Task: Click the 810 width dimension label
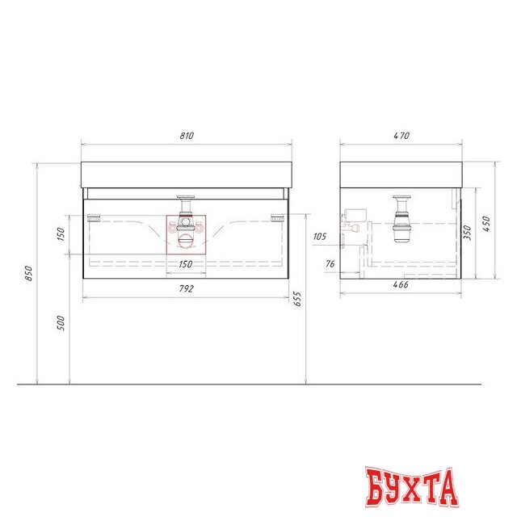pos(187,137)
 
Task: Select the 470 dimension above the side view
pos(400,137)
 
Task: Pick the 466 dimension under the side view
pos(400,284)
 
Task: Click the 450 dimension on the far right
pos(486,221)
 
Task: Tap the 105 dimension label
pos(320,237)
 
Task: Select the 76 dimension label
pos(330,263)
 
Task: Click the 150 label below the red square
pos(186,264)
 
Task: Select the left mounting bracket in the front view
pos(94,216)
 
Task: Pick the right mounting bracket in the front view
pos(279,216)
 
